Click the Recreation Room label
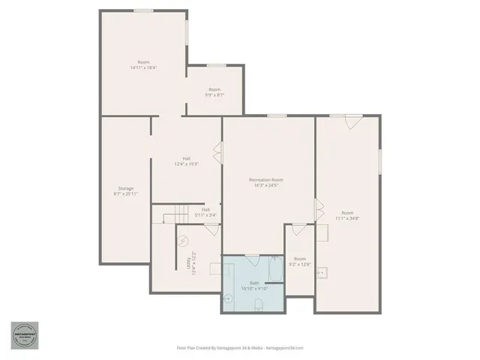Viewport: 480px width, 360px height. [x=266, y=180]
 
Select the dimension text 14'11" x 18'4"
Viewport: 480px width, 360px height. [x=143, y=67]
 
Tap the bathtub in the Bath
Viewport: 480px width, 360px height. [x=274, y=268]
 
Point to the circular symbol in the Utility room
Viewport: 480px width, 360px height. [x=184, y=241]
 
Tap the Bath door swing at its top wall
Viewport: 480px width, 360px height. [x=253, y=259]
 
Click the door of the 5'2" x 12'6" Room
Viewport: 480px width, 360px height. [x=299, y=229]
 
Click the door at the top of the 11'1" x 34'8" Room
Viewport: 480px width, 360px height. [x=353, y=121]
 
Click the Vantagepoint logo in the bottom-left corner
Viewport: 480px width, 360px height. [x=24, y=335]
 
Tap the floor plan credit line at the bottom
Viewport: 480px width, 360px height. [x=240, y=347]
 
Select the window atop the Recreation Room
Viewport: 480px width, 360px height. [x=277, y=115]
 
